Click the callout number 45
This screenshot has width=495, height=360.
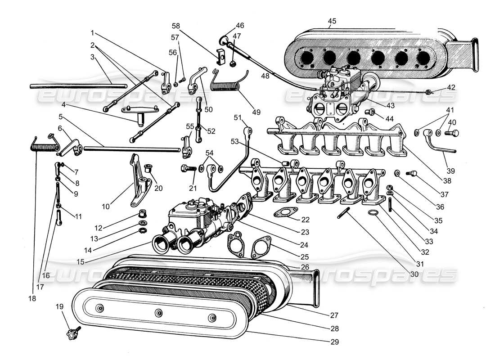(332, 21)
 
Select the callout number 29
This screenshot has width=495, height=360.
(333, 342)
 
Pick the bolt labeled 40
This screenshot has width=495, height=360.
(452, 133)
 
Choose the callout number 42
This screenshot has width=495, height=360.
(451, 88)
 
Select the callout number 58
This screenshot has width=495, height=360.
(175, 26)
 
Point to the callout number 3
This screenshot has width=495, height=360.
(92, 57)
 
